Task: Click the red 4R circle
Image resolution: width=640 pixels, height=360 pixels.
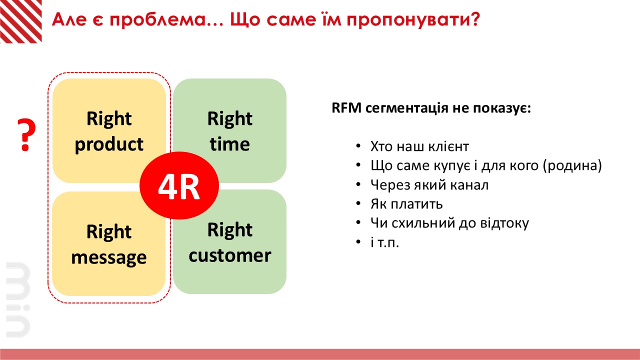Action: [x=179, y=185]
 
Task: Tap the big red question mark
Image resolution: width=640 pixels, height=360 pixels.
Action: [x=26, y=135]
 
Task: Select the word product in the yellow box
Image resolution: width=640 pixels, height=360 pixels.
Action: [x=109, y=144]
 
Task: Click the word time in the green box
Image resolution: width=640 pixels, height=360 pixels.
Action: [x=229, y=144]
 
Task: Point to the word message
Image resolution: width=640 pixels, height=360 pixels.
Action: [x=109, y=257]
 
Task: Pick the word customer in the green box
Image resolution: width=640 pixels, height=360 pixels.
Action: [x=229, y=255]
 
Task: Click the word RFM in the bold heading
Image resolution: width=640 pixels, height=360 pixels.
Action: [x=346, y=108]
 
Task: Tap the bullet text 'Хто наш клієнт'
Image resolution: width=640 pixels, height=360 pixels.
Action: [x=419, y=146]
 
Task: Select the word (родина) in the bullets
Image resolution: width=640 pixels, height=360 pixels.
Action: [x=572, y=165]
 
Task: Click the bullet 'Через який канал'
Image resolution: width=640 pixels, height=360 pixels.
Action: [x=429, y=185]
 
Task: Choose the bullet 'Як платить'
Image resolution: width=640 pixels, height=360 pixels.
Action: [x=406, y=204]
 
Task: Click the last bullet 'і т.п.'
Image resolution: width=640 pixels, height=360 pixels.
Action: [x=384, y=242]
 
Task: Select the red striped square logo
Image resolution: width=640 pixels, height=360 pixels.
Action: [x=21, y=21]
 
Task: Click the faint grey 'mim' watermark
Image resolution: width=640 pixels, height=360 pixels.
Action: [x=17, y=299]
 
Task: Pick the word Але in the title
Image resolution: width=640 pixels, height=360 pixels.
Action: [x=69, y=20]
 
